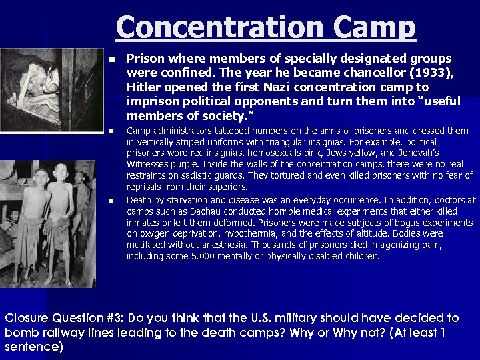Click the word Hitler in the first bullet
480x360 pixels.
(143, 87)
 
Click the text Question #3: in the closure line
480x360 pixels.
(91, 318)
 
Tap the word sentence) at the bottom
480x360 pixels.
(34, 347)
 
